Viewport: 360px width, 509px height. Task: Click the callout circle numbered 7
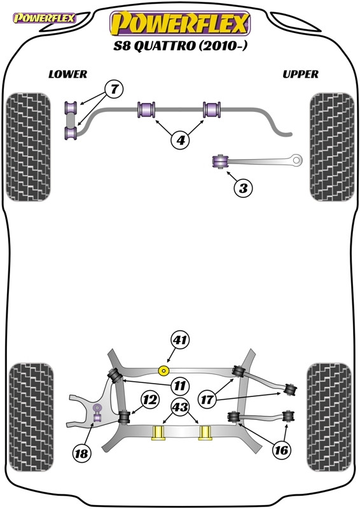click(x=114, y=89)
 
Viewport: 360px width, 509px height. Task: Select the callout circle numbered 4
click(x=181, y=140)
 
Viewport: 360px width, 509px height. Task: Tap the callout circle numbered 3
click(x=243, y=188)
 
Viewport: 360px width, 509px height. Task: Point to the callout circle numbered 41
click(x=180, y=340)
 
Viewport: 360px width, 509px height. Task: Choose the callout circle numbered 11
click(x=180, y=386)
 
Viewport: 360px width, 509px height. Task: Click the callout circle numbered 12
click(x=150, y=400)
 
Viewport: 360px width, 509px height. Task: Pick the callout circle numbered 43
click(x=180, y=407)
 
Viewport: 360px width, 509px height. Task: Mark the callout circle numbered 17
click(x=207, y=400)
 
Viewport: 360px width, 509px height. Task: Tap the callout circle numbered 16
click(x=280, y=450)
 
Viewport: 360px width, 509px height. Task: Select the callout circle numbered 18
click(x=81, y=453)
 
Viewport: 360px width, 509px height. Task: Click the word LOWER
click(x=68, y=74)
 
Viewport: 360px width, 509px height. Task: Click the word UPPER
click(x=300, y=74)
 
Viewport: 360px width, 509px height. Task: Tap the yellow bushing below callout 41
click(x=163, y=370)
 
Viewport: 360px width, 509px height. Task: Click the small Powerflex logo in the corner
click(x=44, y=18)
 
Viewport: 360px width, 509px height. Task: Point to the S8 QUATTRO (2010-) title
click(x=180, y=46)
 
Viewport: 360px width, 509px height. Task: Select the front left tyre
click(x=29, y=147)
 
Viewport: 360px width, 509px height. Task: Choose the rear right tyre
click(x=329, y=417)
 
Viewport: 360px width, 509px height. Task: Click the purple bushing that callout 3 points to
click(x=220, y=162)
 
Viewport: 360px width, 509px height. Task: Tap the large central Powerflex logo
click(x=180, y=24)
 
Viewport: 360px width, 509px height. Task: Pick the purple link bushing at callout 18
click(x=97, y=412)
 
